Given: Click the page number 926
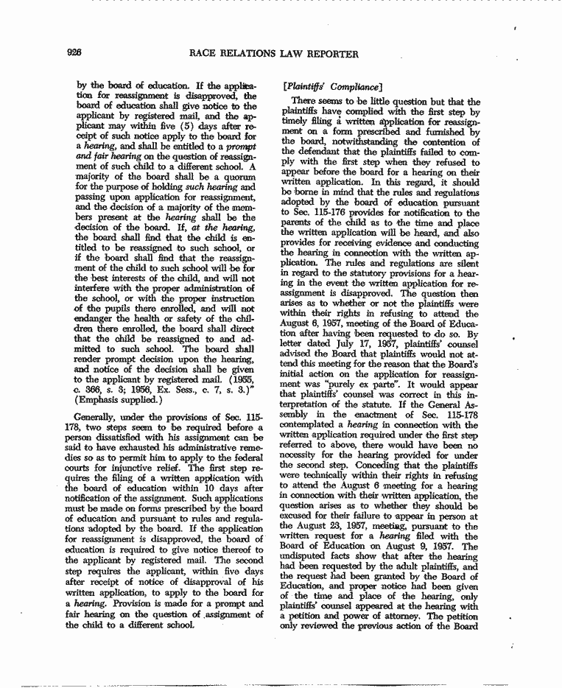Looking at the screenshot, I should (x=72, y=53).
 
